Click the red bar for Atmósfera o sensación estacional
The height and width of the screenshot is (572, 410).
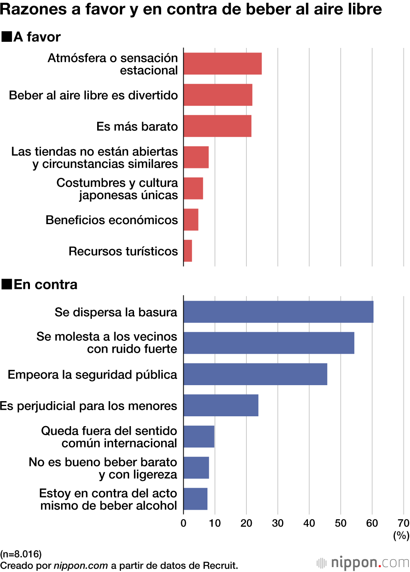click(223, 64)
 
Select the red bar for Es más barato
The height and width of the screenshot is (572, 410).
click(217, 126)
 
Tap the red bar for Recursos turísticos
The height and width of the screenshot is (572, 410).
click(188, 251)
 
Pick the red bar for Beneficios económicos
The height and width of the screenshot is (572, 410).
click(191, 220)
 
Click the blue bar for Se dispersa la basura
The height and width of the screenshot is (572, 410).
click(278, 312)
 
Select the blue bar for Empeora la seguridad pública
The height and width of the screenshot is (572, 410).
click(255, 374)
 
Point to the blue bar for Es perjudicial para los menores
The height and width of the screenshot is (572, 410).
click(221, 405)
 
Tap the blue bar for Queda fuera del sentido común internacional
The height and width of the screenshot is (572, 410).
click(199, 436)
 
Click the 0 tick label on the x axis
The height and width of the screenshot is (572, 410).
click(183, 523)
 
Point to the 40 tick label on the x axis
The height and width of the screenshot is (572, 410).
click(309, 523)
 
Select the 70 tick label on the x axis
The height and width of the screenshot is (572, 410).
click(403, 523)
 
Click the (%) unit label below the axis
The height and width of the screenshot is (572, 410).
click(401, 535)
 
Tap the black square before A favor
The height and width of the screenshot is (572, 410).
click(7, 37)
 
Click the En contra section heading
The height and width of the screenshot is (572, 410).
click(45, 284)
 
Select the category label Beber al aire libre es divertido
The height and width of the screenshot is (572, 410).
click(93, 95)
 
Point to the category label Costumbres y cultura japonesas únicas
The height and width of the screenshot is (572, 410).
click(117, 188)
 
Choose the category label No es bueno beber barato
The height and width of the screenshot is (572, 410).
click(103, 468)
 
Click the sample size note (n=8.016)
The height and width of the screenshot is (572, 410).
click(21, 554)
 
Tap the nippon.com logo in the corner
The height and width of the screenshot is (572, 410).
click(363, 562)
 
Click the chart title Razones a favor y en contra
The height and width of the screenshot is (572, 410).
click(191, 9)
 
